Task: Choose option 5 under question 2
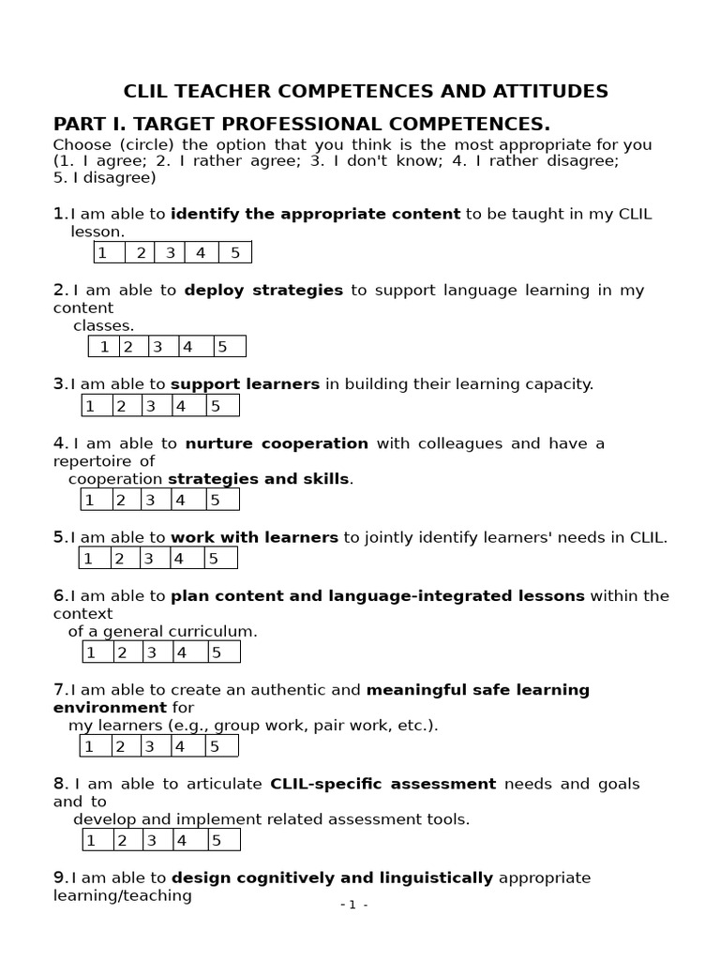(x=222, y=347)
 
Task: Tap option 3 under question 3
(x=151, y=406)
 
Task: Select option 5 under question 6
(x=215, y=652)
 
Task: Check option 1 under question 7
(x=89, y=746)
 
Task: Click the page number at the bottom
(x=353, y=905)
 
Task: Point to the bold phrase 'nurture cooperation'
(x=277, y=443)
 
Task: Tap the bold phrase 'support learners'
(x=245, y=384)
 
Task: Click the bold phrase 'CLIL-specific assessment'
(x=382, y=784)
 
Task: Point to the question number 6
(x=59, y=596)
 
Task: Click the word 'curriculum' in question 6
(x=215, y=632)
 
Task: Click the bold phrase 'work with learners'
(x=254, y=537)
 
